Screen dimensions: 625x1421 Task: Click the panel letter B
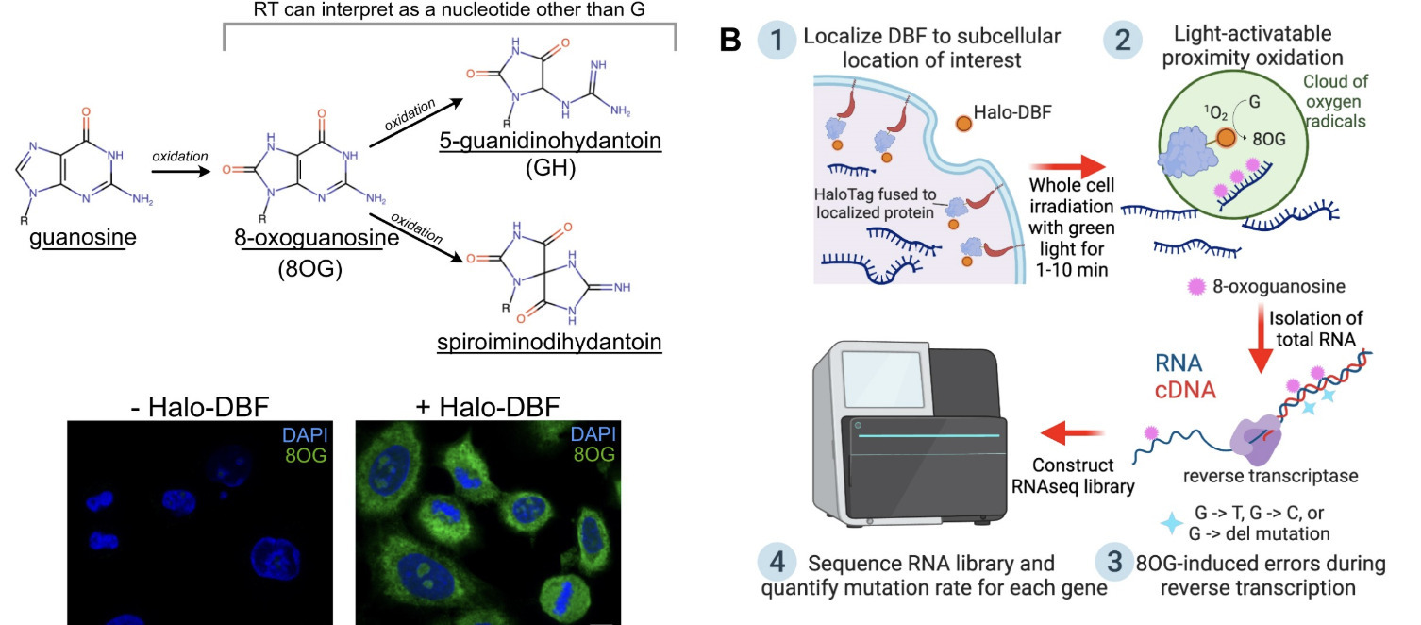click(730, 40)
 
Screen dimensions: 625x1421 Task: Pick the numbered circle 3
click(1113, 564)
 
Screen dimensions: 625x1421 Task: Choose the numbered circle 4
click(777, 564)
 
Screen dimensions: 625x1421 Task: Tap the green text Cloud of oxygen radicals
click(1346, 98)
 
